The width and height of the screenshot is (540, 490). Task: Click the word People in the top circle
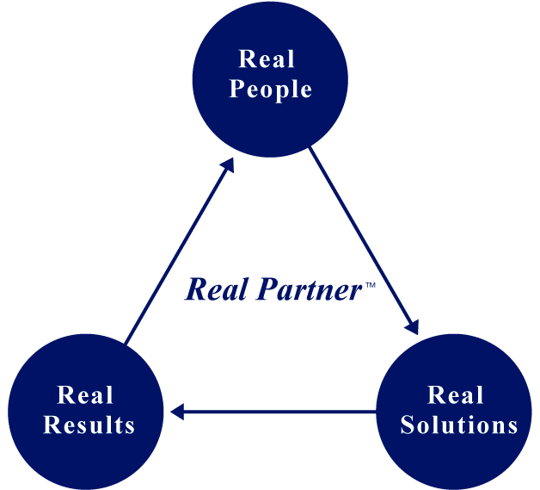270,90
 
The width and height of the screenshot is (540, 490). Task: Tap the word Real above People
267,59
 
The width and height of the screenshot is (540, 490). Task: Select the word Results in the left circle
89,425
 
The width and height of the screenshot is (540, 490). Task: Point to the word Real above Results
85,394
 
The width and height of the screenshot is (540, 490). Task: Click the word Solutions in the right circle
459,425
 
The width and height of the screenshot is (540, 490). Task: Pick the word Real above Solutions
455,394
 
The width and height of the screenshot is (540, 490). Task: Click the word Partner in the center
309,289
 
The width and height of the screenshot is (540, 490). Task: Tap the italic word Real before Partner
217,289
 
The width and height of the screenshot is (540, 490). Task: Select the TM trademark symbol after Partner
371,285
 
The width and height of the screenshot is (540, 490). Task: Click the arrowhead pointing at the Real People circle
228,165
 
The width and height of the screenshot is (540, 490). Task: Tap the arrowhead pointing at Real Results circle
177,412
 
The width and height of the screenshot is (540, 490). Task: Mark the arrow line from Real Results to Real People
180,251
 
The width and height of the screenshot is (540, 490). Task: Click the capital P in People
237,89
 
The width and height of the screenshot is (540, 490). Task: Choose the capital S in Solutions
408,425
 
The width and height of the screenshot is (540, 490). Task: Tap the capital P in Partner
269,289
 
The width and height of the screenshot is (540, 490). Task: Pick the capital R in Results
52,425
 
